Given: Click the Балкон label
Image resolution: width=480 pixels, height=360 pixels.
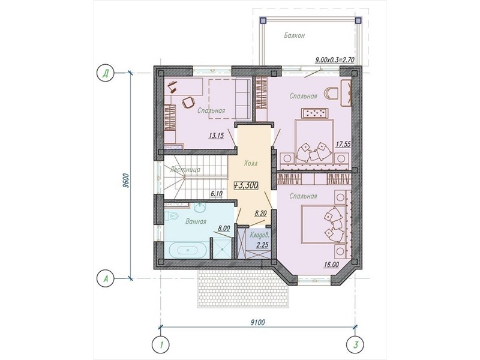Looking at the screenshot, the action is pos(294,35).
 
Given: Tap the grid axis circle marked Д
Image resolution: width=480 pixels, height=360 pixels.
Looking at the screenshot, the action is pos(105,74).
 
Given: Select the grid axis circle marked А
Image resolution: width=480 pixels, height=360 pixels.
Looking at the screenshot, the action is pos(105,278).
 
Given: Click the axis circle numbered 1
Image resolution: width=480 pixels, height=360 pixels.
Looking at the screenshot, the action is pos(161,344).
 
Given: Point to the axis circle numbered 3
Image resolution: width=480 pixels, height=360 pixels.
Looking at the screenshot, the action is pos(355,344).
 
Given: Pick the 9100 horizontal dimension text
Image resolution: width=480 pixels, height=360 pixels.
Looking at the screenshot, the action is pos(258,322).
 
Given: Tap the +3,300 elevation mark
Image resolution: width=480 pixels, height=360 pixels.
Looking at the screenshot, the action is pos(246,185).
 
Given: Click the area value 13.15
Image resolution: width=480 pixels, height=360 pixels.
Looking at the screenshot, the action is pos(217,136).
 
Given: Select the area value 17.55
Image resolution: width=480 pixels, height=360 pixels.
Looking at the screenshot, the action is pos(343,144).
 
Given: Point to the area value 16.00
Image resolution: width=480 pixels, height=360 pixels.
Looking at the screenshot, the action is pos(331,265).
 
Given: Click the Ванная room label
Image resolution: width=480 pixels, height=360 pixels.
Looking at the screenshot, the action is pos(196,221).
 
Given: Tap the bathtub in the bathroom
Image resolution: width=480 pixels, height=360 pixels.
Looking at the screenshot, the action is pos(187,250).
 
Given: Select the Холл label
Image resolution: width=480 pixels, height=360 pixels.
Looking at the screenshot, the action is pos(251,163).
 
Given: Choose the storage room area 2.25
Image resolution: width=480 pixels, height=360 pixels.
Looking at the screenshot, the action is pos(263,245).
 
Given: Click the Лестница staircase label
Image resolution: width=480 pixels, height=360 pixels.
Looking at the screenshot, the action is pos(185,169).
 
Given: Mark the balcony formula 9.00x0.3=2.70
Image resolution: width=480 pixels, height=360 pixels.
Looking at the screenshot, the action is pos(335,60).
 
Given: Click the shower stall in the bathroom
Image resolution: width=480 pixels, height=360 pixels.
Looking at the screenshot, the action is pos(222,248).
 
